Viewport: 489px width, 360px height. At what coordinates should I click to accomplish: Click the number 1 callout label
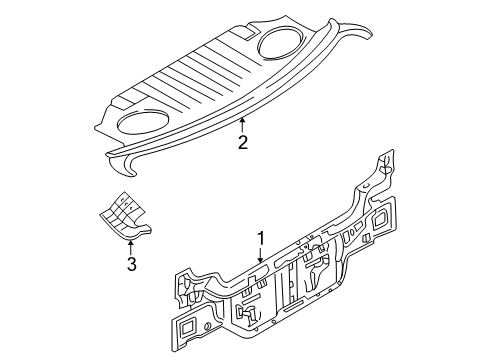click(x=261, y=239)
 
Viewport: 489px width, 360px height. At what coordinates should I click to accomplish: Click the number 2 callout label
click(x=242, y=143)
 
